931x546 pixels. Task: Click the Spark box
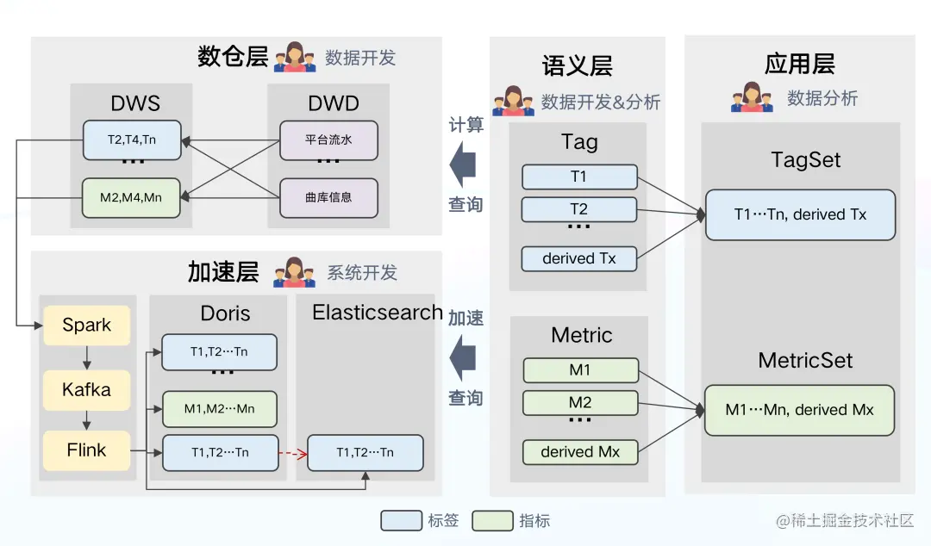[86, 326]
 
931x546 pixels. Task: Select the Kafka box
[86, 389]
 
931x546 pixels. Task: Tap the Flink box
[86, 450]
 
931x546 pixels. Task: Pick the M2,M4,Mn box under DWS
[132, 197]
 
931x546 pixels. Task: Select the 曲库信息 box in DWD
[328, 197]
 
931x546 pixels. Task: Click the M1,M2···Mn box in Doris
[219, 408]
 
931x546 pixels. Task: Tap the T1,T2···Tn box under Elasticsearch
[365, 453]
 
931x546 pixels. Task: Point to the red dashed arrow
[293, 453]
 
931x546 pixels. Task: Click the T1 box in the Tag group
[578, 177]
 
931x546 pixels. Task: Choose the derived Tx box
[578, 258]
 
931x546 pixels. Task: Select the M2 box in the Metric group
[580, 403]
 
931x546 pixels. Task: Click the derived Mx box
[580, 452]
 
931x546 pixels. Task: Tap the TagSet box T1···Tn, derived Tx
[800, 215]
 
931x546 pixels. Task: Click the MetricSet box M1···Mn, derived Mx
[799, 410]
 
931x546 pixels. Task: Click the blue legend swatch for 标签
[402, 520]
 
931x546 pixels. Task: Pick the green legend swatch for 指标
[493, 520]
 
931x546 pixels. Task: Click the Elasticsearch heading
[377, 313]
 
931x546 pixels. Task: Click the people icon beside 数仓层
[295, 58]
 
